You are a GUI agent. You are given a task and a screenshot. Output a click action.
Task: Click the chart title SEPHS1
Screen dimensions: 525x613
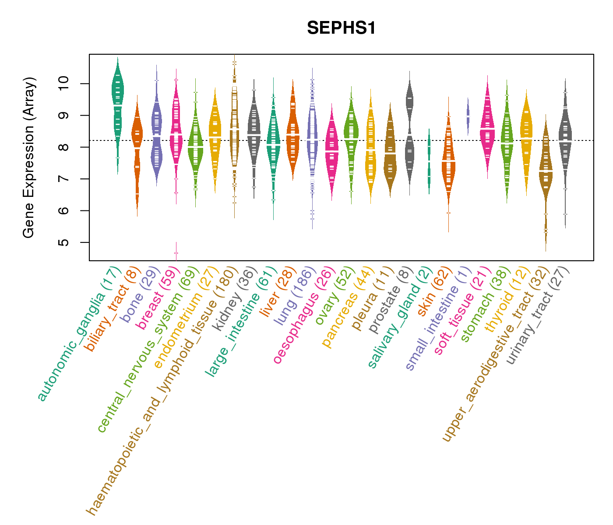[341, 28]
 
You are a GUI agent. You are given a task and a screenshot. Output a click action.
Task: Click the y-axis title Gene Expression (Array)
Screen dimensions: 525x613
[29, 157]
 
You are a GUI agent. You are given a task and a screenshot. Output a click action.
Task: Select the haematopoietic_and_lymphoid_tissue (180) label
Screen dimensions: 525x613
[162, 389]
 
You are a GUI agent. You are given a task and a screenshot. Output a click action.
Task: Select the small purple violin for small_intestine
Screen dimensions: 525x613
[468, 116]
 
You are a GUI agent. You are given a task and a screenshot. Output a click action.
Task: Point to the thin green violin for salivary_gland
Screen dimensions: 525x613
[429, 162]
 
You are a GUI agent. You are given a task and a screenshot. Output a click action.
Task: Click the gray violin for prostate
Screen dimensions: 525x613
[410, 131]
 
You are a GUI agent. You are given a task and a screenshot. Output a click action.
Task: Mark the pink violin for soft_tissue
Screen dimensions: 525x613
[487, 127]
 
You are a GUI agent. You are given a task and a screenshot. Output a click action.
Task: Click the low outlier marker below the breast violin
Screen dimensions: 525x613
[176, 253]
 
